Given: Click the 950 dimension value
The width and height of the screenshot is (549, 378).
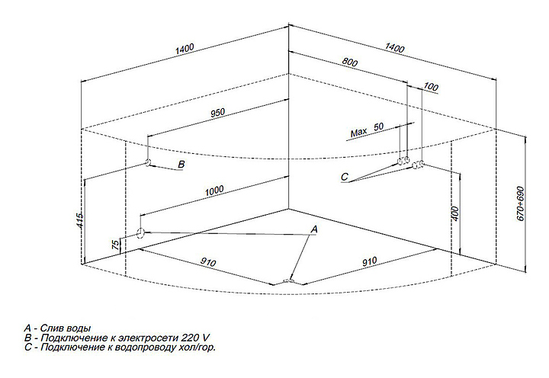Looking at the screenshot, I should tap(217, 114).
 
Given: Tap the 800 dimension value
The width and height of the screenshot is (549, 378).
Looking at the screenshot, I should tap(350, 65).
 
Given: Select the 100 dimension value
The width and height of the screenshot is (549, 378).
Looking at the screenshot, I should tap(432, 88).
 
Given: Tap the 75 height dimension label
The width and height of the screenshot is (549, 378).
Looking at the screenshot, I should tap(115, 245).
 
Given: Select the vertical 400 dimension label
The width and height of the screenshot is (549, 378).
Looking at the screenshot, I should tap(455, 215).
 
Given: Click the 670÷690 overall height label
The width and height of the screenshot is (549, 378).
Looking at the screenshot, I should tap(522, 204).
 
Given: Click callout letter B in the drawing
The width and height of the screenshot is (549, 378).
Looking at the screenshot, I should tap(181, 164).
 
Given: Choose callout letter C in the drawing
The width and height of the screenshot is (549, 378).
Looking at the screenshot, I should tap(345, 178).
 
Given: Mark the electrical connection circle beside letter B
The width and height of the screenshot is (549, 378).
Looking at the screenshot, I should tap(149, 163).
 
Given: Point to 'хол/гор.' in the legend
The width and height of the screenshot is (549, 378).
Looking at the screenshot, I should tap(197, 347).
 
